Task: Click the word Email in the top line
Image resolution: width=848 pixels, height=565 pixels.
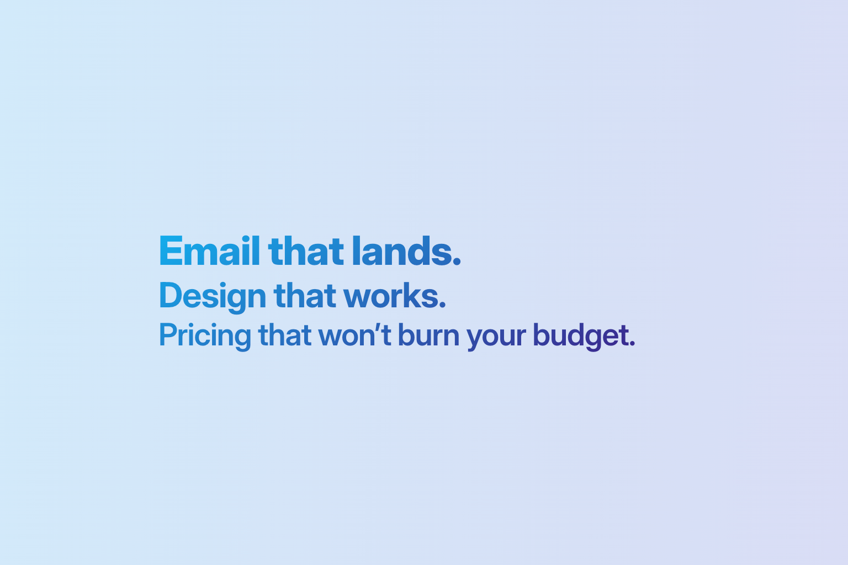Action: pos(209,252)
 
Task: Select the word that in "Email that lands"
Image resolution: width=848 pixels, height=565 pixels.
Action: pos(306,252)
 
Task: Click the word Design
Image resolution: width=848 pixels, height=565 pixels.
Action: pos(213,296)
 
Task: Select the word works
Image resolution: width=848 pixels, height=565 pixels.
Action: pos(391,296)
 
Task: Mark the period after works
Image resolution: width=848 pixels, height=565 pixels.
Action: pos(442,305)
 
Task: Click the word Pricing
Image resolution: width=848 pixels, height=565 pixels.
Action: pos(205,335)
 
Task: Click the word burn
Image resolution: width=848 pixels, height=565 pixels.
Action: pos(428,335)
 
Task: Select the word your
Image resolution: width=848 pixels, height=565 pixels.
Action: pos(496,336)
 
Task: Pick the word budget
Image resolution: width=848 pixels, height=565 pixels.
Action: pos(580,335)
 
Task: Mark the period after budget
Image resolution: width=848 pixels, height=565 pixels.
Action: pos(632,344)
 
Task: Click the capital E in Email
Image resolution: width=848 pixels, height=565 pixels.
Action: pos(171,252)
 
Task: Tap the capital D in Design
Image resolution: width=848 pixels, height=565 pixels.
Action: pos(169,296)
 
